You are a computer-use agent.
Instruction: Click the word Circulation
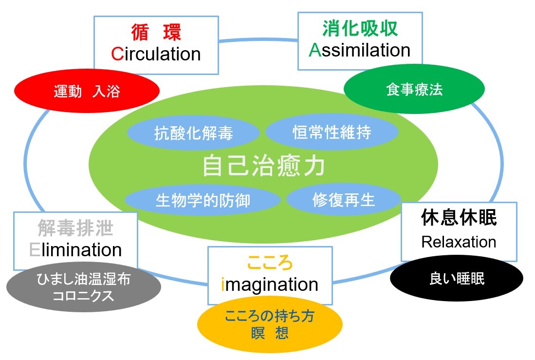pyautogui.click(x=156, y=54)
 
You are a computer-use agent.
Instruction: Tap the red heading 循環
pyautogui.click(x=156, y=32)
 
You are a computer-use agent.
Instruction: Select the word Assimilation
pyautogui.click(x=360, y=50)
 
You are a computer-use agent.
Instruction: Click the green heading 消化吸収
pyautogui.click(x=360, y=29)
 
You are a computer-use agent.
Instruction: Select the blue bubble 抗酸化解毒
pyautogui.click(x=193, y=133)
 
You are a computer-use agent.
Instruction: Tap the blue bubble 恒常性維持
pyautogui.click(x=332, y=132)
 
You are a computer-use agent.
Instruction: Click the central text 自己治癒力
pyautogui.click(x=263, y=166)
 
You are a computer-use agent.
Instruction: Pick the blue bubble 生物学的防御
pyautogui.click(x=203, y=200)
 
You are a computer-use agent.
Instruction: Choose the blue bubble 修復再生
pyautogui.click(x=344, y=200)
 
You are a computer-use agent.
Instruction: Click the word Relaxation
pyautogui.click(x=459, y=242)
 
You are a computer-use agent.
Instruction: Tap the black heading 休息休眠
pyautogui.click(x=459, y=219)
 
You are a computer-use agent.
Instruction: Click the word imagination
pyautogui.click(x=270, y=284)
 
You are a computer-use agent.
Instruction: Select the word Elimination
pyautogui.click(x=75, y=250)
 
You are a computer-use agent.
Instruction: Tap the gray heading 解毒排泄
pyautogui.click(x=75, y=228)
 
